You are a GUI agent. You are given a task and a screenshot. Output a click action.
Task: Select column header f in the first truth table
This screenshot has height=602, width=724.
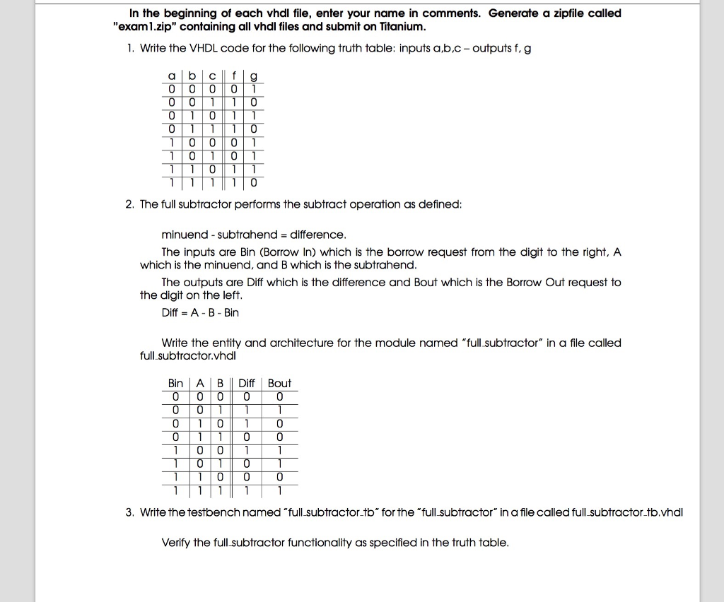(x=235, y=76)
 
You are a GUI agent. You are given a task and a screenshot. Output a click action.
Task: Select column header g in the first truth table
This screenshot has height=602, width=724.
(x=254, y=76)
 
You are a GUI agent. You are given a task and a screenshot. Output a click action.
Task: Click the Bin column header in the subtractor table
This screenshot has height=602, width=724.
(x=175, y=383)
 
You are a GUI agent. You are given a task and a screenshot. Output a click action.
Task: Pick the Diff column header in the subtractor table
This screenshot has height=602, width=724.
(x=247, y=383)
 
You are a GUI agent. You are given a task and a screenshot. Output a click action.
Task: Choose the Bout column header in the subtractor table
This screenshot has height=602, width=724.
(x=279, y=383)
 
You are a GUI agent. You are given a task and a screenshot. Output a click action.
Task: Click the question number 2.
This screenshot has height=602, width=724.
(x=129, y=204)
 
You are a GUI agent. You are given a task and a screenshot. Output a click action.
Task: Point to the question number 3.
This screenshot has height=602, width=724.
(x=129, y=512)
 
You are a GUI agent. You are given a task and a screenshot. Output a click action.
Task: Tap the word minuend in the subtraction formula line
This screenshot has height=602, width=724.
(x=183, y=234)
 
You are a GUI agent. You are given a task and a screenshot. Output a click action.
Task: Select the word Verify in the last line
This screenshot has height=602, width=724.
(x=176, y=543)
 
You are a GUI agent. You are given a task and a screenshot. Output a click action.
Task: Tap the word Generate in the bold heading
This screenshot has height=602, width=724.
(x=513, y=13)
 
